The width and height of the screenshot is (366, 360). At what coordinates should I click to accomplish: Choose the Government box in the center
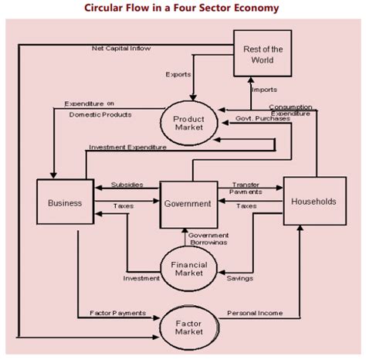pos(185,204)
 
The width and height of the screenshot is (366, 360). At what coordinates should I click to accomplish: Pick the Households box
pos(313,201)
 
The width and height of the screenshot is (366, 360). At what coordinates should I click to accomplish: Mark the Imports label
pos(264,90)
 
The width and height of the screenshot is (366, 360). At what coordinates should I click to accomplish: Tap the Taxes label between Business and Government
pos(124,207)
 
